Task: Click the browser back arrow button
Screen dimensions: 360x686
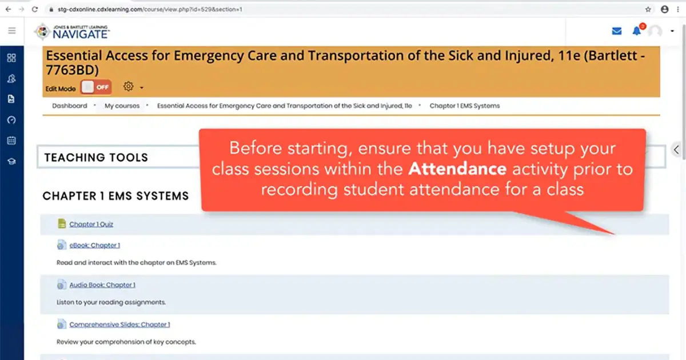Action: (x=8, y=10)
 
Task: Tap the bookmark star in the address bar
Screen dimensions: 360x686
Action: (x=648, y=10)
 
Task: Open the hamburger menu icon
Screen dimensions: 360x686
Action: (x=12, y=31)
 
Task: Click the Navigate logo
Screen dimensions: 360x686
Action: (x=73, y=32)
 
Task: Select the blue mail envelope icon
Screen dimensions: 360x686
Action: (x=617, y=31)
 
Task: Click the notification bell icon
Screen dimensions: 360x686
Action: (x=636, y=31)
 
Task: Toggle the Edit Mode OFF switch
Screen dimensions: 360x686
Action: (x=96, y=87)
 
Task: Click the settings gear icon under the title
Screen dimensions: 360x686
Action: (x=129, y=87)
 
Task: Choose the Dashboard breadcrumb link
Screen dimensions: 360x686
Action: (x=70, y=106)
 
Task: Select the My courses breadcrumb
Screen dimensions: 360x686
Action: (x=122, y=106)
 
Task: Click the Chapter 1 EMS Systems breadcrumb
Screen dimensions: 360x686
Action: (x=464, y=106)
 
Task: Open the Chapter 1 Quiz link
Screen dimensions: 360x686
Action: (x=91, y=225)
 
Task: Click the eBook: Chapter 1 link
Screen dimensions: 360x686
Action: (x=94, y=246)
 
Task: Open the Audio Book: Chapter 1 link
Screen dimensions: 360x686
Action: (x=102, y=285)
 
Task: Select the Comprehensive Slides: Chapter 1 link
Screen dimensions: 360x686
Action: (x=119, y=325)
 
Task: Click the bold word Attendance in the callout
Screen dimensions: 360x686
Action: (x=457, y=169)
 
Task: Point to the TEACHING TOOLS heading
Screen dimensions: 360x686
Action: (x=96, y=158)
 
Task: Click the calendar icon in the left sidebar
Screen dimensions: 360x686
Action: (x=11, y=141)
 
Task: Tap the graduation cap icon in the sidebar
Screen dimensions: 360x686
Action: (x=11, y=161)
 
